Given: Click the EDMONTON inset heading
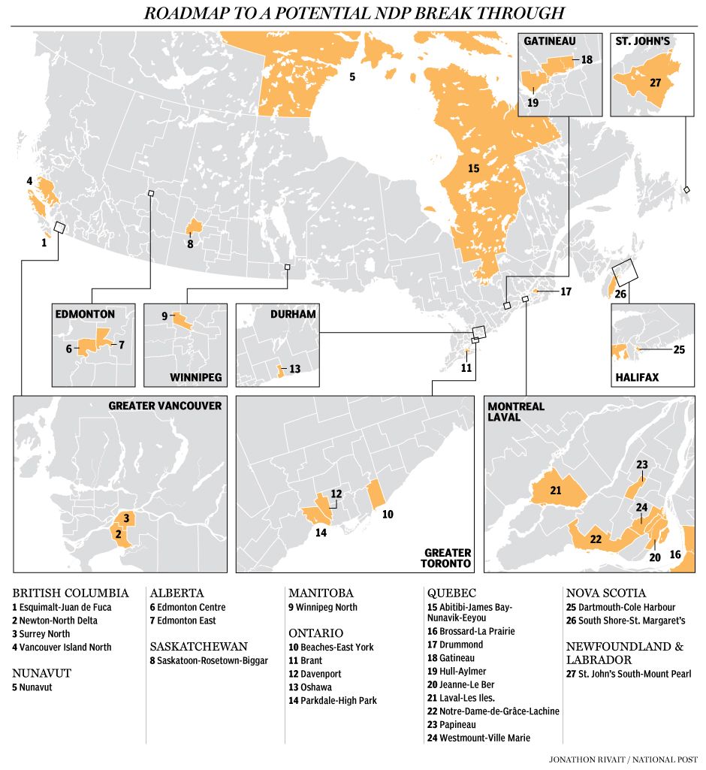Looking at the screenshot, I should [85, 314].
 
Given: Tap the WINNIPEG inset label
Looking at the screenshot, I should [196, 377].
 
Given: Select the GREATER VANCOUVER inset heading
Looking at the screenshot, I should [164, 406].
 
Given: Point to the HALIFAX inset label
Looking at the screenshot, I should [637, 377].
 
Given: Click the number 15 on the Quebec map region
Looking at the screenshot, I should [473, 168].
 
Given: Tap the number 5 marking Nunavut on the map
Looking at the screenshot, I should [351, 76].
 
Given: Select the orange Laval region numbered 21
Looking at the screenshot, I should [557, 491].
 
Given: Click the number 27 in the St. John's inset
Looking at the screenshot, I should [655, 82].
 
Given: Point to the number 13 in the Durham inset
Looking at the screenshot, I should [294, 369].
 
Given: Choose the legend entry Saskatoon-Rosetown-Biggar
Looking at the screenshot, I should [209, 660].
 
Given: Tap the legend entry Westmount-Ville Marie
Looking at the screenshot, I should [478, 738].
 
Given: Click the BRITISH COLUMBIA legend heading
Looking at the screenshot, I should [70, 593].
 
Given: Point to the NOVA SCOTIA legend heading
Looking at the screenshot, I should [605, 593].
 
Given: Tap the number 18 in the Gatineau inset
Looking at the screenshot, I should [587, 59].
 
